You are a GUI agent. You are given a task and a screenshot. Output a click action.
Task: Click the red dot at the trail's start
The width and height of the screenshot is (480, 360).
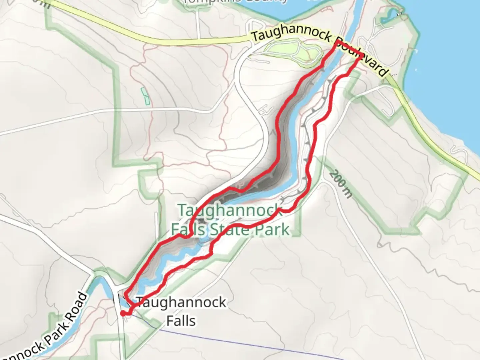click(x=123, y=313)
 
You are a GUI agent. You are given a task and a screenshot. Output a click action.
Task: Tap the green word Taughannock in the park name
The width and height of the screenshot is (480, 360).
click(x=230, y=211)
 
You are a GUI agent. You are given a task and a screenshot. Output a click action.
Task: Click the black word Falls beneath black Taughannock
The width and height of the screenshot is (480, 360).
click(x=181, y=321)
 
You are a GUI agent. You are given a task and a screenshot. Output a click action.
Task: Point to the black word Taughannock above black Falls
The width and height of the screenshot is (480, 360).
click(x=181, y=303)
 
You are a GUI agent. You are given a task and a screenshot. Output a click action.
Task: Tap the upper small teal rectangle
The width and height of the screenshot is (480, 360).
click(x=144, y=91)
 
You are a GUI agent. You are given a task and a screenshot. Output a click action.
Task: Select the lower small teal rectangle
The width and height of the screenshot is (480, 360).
click(x=147, y=100)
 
